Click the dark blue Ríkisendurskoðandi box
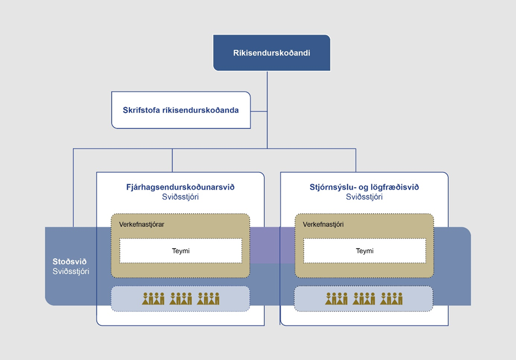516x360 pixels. point(271,53)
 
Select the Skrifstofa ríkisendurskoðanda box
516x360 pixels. point(181,110)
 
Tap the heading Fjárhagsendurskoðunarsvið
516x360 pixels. point(180,187)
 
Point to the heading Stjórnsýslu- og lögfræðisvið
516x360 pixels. point(364,187)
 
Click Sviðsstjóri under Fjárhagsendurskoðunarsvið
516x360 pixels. point(180,197)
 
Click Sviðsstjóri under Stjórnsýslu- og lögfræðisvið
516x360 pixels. point(364,197)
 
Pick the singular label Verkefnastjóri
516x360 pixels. point(323,225)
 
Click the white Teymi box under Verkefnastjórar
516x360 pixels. point(180,251)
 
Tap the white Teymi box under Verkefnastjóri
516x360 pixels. point(364,251)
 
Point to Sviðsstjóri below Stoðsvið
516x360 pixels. point(71,272)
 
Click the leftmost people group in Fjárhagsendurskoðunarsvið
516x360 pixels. point(153,299)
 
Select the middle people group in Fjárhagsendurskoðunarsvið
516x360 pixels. point(181,299)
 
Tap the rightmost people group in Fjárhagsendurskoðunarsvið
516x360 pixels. point(208,299)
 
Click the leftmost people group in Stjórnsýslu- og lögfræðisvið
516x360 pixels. point(336,299)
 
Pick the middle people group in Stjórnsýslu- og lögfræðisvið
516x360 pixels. point(364,299)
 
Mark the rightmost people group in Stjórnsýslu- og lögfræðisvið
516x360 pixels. point(392,299)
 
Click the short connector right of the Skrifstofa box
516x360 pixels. point(259,111)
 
